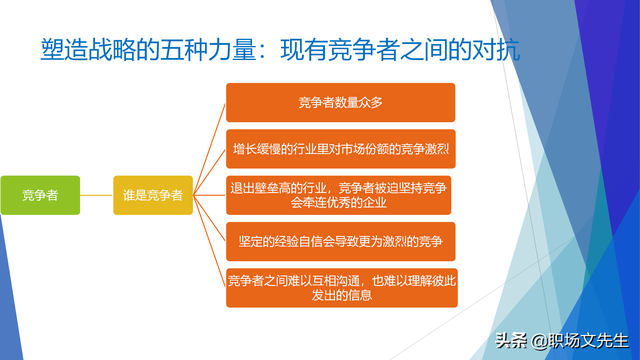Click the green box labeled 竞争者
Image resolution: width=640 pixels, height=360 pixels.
coord(39,195)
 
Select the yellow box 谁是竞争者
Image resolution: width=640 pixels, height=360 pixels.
coord(151,195)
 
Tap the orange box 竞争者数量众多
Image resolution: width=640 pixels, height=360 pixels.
coord(340,102)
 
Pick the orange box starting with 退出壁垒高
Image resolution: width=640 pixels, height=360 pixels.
coord(340,195)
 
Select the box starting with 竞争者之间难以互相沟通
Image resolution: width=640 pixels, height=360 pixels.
coord(340,287)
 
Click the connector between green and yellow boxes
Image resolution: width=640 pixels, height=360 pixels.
coord(96,195)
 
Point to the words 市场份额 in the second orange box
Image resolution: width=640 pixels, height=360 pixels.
coord(351,149)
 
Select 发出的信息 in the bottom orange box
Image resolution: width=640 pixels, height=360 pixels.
coord(340,297)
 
